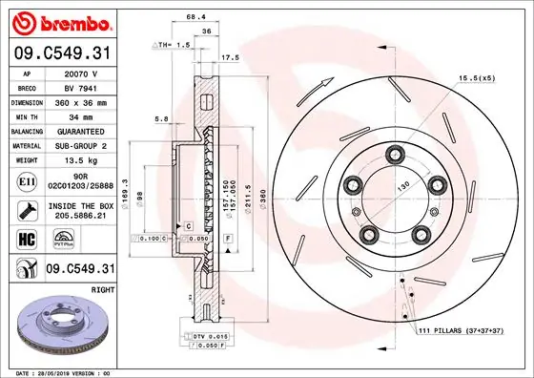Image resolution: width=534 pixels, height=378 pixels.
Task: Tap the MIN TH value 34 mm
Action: (x=81, y=115)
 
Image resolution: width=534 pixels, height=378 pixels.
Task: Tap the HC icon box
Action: (x=27, y=240)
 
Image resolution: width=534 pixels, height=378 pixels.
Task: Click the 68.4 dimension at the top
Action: (x=195, y=17)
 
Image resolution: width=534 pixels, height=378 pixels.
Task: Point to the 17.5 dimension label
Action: (x=230, y=57)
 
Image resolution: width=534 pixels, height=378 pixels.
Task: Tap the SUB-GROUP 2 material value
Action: (x=81, y=145)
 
